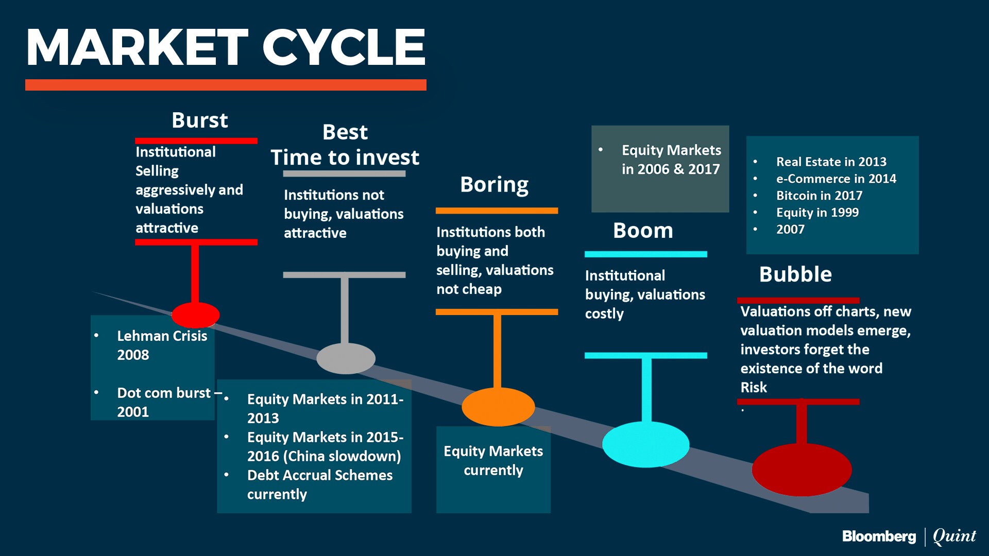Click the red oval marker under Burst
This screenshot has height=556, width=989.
pyautogui.click(x=195, y=315)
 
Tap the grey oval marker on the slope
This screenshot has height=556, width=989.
pyautogui.click(x=346, y=358)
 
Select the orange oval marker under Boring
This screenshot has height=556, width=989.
pyautogui.click(x=498, y=407)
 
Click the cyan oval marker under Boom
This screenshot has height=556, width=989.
pyautogui.click(x=646, y=444)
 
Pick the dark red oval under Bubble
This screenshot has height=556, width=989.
pyautogui.click(x=802, y=470)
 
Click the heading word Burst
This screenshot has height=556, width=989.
pyautogui.click(x=200, y=120)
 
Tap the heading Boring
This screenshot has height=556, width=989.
pyautogui.click(x=494, y=185)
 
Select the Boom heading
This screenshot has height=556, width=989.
pyautogui.click(x=643, y=230)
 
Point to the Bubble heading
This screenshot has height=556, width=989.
pyautogui.click(x=795, y=274)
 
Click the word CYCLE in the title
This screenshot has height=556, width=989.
pyautogui.click(x=344, y=47)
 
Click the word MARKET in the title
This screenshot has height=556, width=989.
pyautogui.click(x=138, y=47)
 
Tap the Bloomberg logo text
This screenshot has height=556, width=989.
pyautogui.click(x=879, y=536)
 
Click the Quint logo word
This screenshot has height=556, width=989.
pyautogui.click(x=954, y=536)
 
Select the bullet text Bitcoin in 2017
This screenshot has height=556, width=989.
pyautogui.click(x=819, y=196)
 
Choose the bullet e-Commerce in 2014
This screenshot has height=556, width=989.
pyautogui.click(x=836, y=179)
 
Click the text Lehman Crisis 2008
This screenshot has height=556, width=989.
pyautogui.click(x=162, y=345)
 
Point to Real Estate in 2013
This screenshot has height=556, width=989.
pyautogui.click(x=831, y=162)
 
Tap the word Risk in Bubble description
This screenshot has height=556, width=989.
pyautogui.click(x=754, y=387)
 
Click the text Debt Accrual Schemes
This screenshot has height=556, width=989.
pyautogui.click(x=320, y=475)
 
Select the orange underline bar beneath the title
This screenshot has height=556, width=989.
pyautogui.click(x=226, y=85)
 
